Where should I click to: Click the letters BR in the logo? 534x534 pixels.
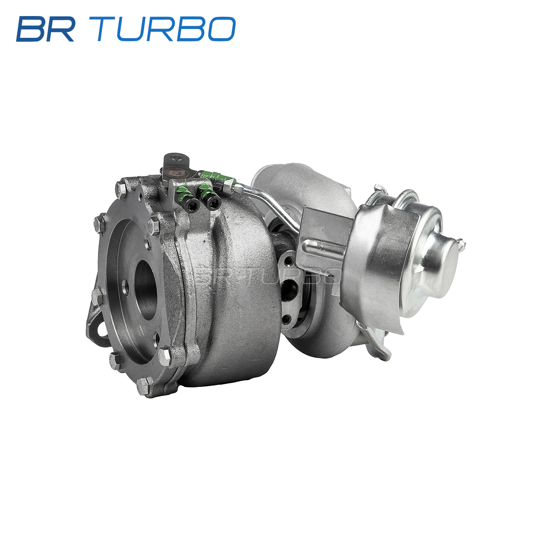coord(45,29)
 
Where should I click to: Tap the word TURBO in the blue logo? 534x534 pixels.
coord(166,29)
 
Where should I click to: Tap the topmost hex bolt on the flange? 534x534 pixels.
coord(121,188)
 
